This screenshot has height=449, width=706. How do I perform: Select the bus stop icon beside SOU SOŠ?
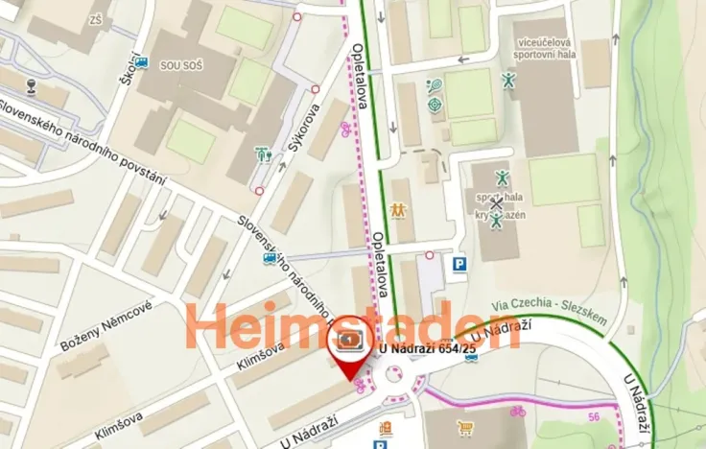[x=143, y=63]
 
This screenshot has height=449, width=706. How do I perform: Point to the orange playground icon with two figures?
[x=398, y=208]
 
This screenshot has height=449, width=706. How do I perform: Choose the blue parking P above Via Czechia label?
[x=459, y=263]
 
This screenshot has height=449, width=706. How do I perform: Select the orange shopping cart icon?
[x=465, y=427]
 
